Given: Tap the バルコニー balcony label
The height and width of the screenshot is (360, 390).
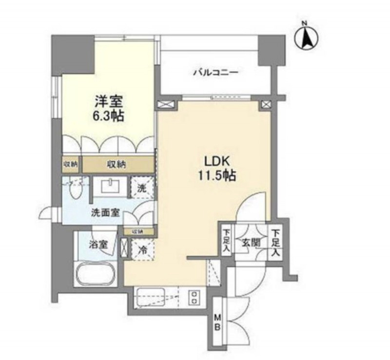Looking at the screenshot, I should point(214,73).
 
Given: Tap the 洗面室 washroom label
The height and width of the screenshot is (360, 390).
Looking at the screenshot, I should point(107,213).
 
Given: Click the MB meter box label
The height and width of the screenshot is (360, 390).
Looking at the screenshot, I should point(217,322).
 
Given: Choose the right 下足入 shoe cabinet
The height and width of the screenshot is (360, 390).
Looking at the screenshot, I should point(275,243).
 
